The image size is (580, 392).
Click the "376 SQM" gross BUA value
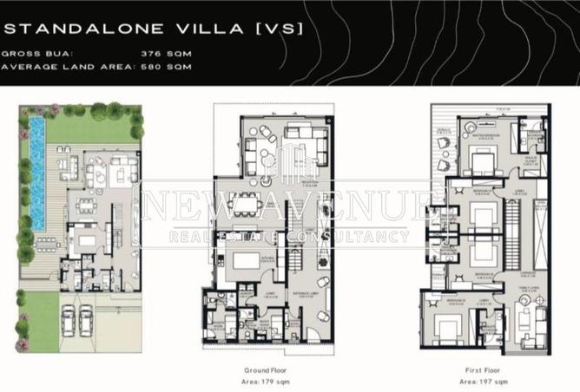coord(166,53)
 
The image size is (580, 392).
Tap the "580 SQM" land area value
coord(166,66)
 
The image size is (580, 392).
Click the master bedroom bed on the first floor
coord(480,160)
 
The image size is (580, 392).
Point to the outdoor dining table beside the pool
coord(86,206)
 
